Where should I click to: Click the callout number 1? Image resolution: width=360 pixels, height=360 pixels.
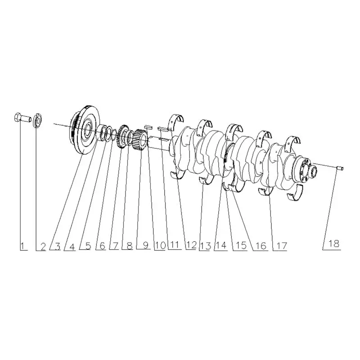(x=22, y=246)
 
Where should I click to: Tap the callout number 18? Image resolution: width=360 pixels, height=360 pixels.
(x=334, y=243)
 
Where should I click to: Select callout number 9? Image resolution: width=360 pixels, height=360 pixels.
(x=145, y=245)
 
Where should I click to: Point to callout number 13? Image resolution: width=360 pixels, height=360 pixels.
(x=206, y=246)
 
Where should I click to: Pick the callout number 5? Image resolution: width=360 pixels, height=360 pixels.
(x=88, y=246)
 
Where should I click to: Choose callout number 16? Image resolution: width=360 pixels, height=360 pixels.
(x=261, y=246)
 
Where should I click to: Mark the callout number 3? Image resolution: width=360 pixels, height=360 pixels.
(x=58, y=246)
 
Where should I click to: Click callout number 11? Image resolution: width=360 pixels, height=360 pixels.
(x=174, y=245)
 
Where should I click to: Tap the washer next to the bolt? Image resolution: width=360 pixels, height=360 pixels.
(x=38, y=121)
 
